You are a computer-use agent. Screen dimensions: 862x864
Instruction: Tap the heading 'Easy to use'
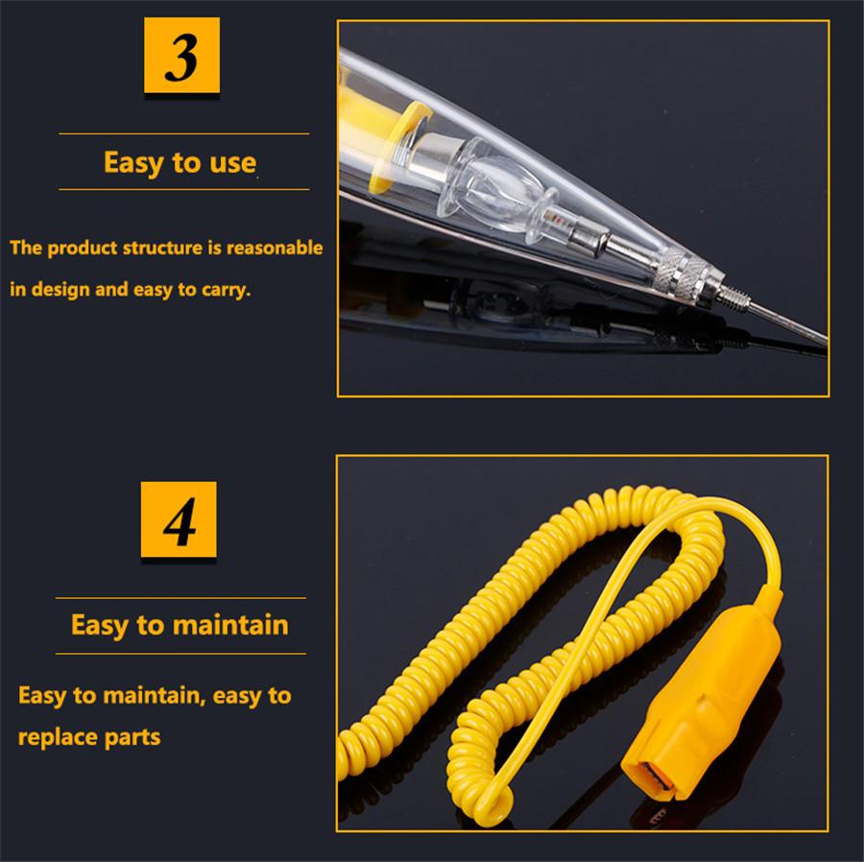tap(180, 162)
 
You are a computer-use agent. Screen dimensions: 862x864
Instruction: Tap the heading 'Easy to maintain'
tap(180, 625)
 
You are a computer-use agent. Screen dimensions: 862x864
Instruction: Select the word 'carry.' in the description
tap(225, 289)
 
